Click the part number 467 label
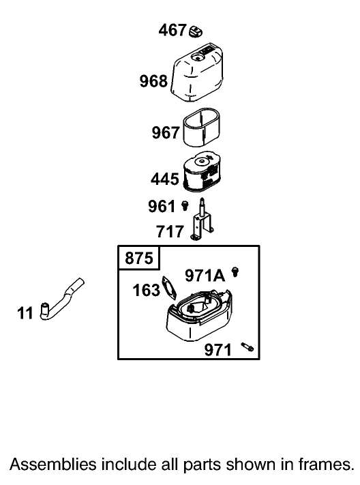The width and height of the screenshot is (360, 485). tap(172, 30)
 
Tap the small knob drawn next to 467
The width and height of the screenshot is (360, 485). tap(196, 31)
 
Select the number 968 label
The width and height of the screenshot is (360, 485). tap(153, 81)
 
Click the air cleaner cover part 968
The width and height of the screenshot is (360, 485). tap(197, 73)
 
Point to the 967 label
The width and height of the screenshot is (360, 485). tap(166, 133)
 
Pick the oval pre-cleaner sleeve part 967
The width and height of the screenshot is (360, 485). tap(201, 127)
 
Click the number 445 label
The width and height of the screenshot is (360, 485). tap(165, 179)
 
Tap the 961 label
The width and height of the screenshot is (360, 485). tap(162, 206)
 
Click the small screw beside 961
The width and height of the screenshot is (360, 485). tap(185, 206)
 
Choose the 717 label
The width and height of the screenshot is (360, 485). tap(170, 232)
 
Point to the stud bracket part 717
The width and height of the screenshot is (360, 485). tap(202, 219)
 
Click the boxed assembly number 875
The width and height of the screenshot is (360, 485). tap(139, 258)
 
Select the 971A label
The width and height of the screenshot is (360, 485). tap(205, 276)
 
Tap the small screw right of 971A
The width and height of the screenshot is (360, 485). tap(235, 272)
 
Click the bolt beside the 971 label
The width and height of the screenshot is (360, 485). tap(247, 347)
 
